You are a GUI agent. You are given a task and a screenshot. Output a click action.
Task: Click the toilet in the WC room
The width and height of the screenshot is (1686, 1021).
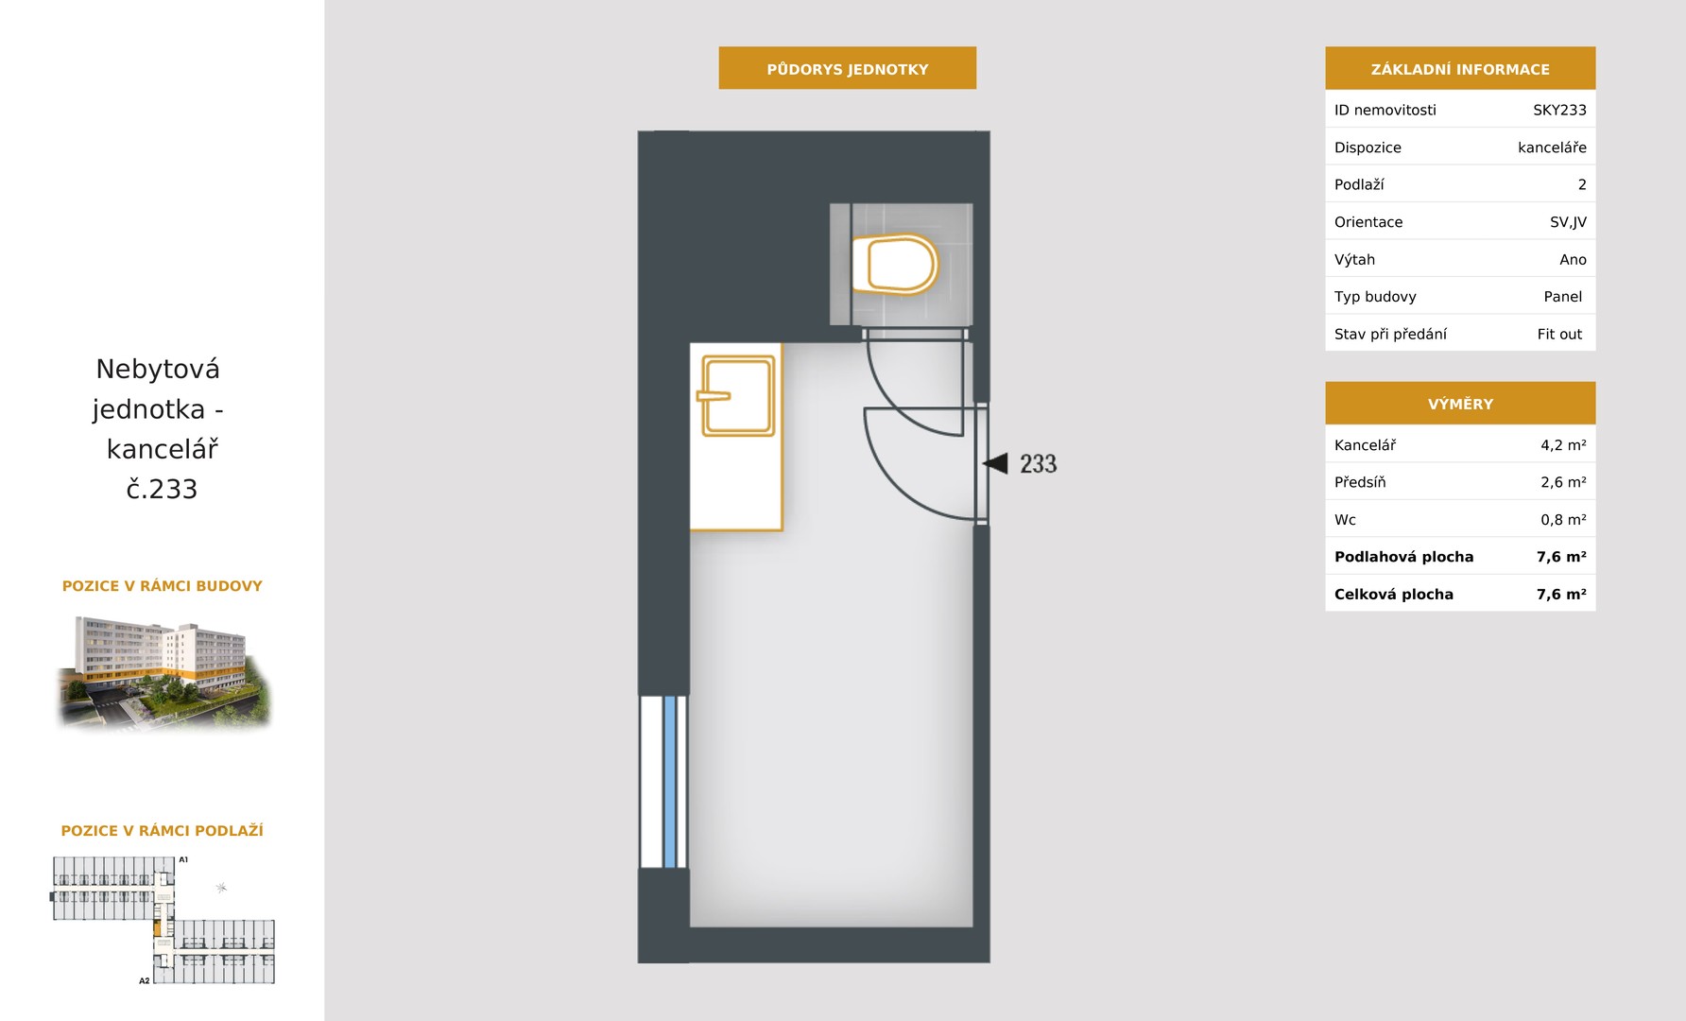pos(894,264)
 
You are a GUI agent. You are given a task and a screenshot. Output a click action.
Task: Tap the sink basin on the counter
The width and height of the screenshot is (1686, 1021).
pos(737,395)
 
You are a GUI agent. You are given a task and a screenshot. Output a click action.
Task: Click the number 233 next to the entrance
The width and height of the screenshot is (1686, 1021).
pos(1038,463)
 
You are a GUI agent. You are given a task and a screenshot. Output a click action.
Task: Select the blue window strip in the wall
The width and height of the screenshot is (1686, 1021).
pos(670,782)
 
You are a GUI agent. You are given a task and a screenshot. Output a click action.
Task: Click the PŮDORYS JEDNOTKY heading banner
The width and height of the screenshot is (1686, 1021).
pos(847,68)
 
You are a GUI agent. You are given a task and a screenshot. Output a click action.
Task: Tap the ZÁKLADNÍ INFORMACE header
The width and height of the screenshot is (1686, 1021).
pos(1460,68)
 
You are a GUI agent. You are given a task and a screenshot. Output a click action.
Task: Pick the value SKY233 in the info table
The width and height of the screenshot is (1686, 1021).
pos(1559,110)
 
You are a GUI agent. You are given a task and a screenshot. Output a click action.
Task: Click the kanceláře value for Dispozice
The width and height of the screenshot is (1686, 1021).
pos(1552,147)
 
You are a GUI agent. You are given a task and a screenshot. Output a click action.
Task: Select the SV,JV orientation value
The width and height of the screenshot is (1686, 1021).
pos(1568,222)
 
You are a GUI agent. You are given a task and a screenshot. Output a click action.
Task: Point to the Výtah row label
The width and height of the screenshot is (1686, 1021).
pos(1354,259)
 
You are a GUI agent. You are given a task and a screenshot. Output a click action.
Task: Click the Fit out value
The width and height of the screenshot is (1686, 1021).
pos(1559,334)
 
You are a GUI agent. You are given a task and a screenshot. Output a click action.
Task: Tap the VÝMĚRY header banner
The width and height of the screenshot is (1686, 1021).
pos(1460,403)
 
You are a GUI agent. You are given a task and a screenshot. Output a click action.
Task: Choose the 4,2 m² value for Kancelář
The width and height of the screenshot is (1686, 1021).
pos(1563,444)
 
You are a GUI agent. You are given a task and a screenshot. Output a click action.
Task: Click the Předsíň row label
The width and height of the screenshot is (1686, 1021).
pos(1360,482)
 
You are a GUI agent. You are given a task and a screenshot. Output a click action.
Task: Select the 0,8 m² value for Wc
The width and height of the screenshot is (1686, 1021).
pos(1563,519)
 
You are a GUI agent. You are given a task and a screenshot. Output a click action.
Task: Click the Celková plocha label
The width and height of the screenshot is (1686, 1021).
pos(1393,594)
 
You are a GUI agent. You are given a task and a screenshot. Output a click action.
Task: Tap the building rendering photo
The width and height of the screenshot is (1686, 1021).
pos(163,672)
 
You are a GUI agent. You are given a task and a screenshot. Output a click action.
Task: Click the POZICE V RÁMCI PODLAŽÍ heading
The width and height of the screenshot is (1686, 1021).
pos(162,830)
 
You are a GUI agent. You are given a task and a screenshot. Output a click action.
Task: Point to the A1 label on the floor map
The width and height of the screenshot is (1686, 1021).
pos(183,859)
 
